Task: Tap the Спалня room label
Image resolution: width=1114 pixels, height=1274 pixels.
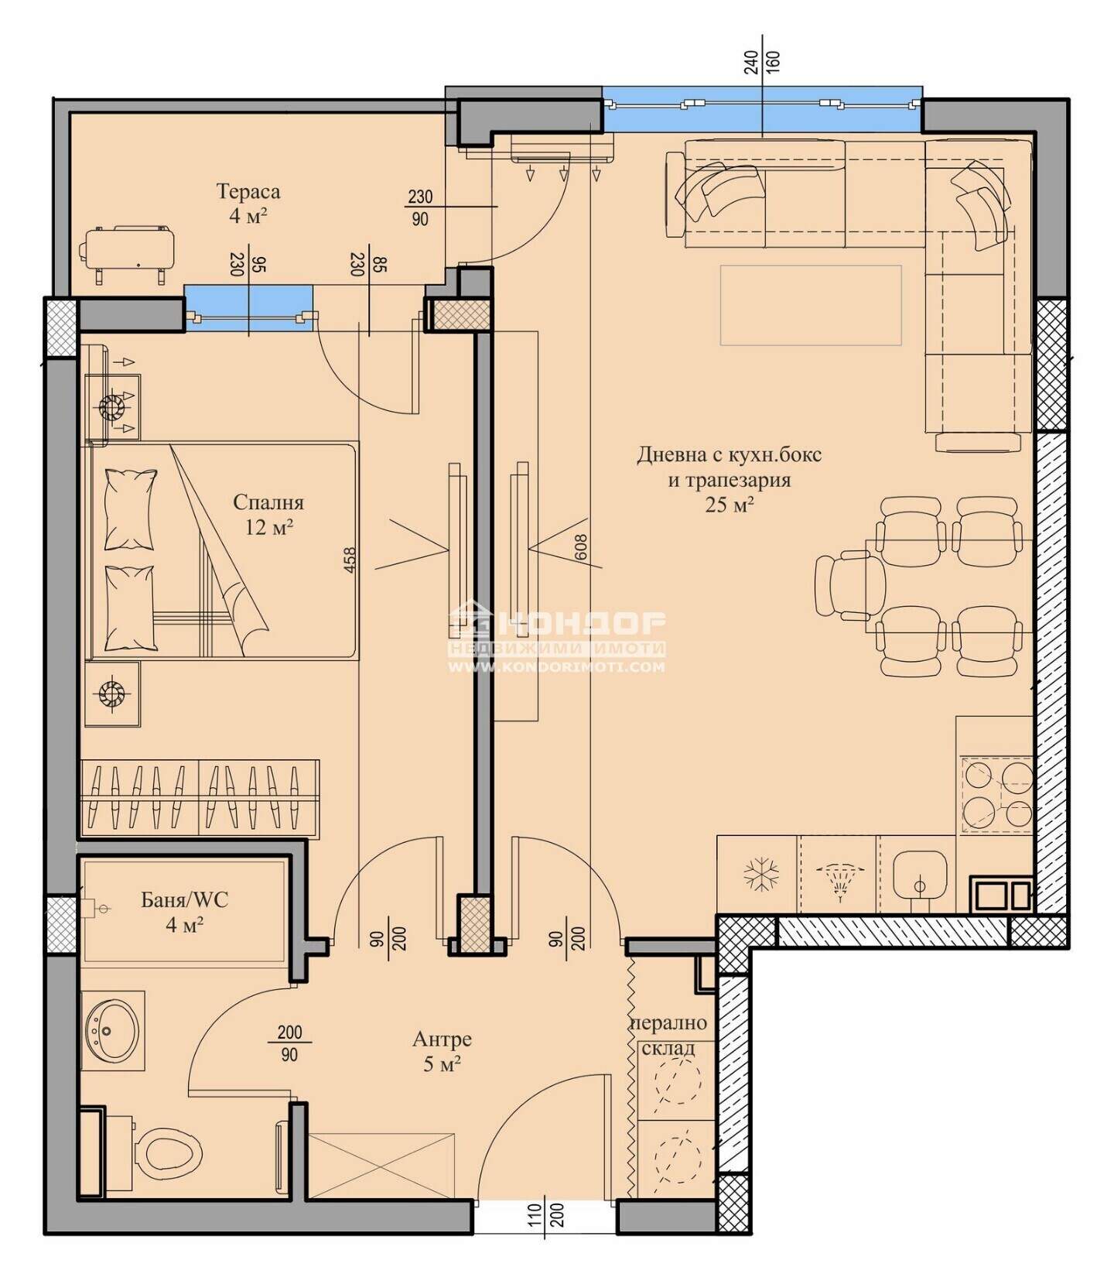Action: tap(268, 502)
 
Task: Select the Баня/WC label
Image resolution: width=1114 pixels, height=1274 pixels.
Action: tap(185, 899)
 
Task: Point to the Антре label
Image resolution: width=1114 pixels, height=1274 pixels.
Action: tap(442, 1039)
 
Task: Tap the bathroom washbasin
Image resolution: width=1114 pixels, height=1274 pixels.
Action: tap(113, 1030)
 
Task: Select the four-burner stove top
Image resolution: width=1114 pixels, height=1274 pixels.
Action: tap(997, 794)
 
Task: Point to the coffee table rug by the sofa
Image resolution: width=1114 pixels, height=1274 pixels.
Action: tap(811, 305)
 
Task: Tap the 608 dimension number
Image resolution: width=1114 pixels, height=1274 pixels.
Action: tap(582, 547)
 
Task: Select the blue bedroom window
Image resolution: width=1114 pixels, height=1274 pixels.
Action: tap(249, 307)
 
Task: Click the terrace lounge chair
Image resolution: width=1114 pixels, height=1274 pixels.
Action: tap(127, 254)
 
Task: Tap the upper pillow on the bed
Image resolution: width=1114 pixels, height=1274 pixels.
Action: tap(129, 510)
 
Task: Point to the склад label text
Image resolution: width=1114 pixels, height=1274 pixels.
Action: tap(668, 1049)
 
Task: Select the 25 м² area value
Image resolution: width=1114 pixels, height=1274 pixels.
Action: tap(730, 505)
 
